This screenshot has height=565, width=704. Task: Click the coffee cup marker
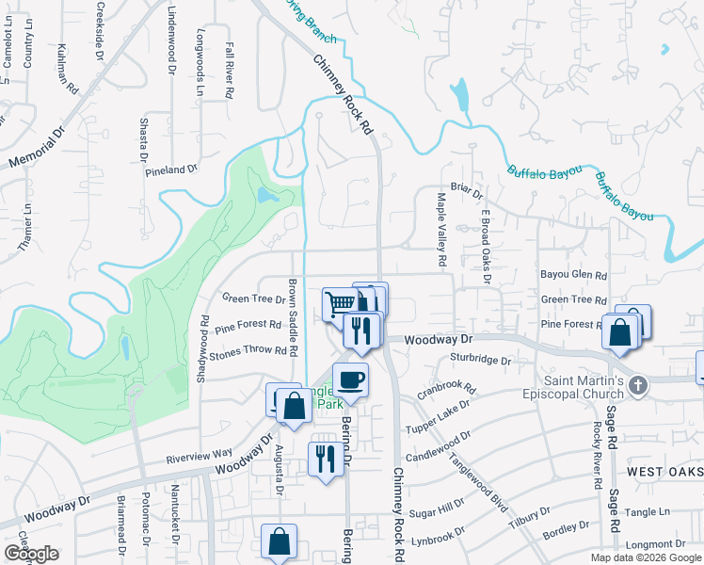[350, 379]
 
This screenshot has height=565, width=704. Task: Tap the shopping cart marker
[340, 303]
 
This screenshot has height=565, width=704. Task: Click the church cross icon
[638, 384]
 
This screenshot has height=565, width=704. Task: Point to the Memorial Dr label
[37, 148]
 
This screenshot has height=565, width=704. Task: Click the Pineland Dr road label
[171, 170]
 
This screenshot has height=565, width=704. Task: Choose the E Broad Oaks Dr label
[487, 243]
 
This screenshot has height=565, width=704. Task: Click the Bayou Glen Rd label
[573, 275]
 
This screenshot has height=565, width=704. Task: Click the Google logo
[31, 554]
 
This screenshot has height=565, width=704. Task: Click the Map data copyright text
[646, 557]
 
